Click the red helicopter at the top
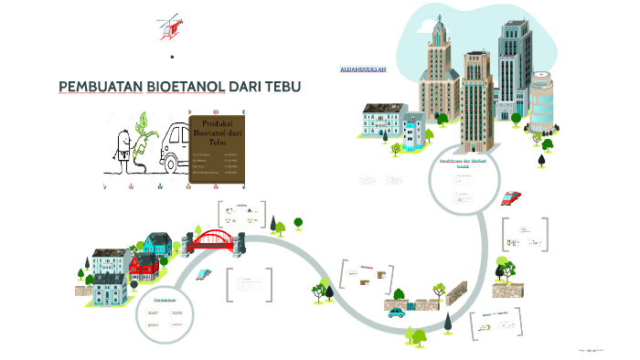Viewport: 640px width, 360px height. click(x=167, y=26)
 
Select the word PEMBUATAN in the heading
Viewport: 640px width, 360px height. click(x=100, y=87)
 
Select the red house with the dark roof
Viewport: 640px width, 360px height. click(x=144, y=267)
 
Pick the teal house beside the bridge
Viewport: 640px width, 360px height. click(x=157, y=243)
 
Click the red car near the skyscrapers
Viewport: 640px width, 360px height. click(x=511, y=197)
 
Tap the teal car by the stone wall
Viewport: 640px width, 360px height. click(x=396, y=311)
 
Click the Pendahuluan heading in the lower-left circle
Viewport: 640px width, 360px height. click(x=165, y=300)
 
